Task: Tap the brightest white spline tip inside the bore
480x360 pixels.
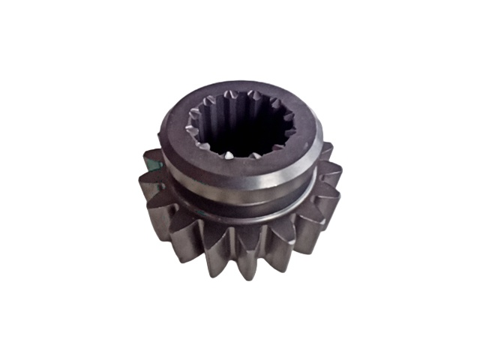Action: point(227,155)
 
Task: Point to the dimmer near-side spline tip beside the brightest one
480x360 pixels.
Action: point(253,156)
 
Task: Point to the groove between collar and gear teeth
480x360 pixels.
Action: point(247,211)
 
